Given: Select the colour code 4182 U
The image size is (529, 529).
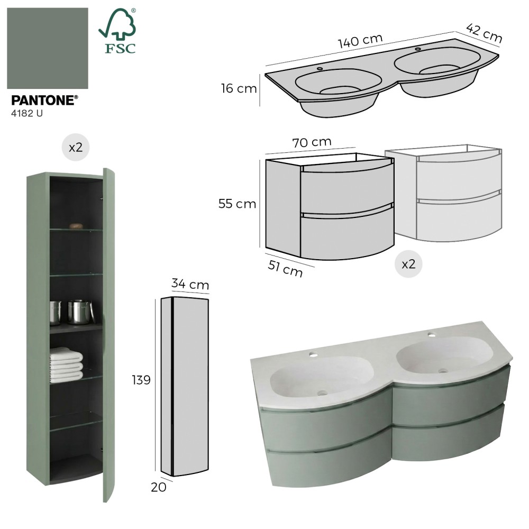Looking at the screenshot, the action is click(27, 113).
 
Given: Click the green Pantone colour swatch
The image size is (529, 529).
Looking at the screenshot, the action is click(48, 48).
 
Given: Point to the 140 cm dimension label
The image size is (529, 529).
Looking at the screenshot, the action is click(360, 41).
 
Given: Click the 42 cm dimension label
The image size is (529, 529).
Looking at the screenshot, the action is click(484, 33).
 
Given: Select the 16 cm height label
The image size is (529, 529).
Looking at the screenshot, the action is click(239, 88).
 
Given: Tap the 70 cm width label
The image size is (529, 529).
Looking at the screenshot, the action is click(312, 142).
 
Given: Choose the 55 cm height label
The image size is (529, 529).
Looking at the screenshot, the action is click(237, 204).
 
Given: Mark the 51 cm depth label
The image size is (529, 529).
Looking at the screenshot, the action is click(285, 269).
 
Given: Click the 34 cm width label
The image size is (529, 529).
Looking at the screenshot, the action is click(190, 284).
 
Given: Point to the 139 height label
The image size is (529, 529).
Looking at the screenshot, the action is click(141, 380).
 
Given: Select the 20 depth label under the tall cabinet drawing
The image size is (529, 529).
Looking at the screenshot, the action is click(159, 487).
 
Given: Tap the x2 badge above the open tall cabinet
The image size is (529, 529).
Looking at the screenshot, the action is click(76, 147).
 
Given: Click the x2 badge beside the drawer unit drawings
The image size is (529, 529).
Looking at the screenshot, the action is click(408, 264).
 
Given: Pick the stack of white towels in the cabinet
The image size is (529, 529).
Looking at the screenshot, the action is click(66, 364).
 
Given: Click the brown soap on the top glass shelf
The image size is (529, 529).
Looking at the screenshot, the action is click(76, 226).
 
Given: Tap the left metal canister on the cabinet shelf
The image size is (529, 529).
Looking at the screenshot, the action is click(56, 313).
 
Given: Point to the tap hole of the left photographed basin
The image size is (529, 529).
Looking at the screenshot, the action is click(313, 355).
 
